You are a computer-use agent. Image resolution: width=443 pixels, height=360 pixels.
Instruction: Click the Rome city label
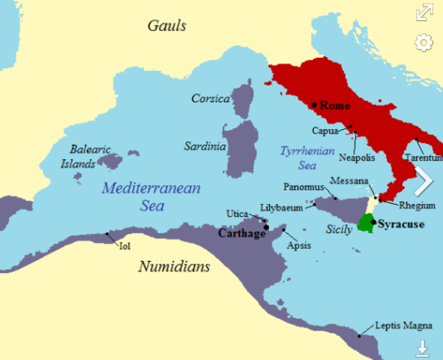[x=335, y=106]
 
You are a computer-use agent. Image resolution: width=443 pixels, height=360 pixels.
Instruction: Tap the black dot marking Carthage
[x=267, y=226]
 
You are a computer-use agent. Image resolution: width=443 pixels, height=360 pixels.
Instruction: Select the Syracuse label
[x=401, y=224]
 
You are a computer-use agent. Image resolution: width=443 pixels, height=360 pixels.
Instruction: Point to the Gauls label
[x=166, y=26]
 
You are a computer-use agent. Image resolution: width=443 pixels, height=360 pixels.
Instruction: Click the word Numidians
[x=174, y=266]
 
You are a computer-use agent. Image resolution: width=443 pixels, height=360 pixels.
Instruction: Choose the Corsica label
[x=210, y=98]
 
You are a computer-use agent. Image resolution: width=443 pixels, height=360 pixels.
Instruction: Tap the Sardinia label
[x=205, y=146]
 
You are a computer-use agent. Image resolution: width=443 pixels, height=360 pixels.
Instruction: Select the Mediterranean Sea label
[x=151, y=196]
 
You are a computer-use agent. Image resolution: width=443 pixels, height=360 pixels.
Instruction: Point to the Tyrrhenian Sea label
[x=298, y=157]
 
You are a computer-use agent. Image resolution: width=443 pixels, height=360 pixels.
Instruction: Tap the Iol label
[x=124, y=246]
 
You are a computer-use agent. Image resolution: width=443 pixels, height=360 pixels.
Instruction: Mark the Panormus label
[x=304, y=186]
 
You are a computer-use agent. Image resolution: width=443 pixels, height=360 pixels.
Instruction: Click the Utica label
[x=237, y=214]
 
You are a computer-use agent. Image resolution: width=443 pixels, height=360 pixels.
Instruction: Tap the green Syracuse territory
[x=367, y=223]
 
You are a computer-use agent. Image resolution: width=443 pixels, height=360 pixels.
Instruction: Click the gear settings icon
[x=424, y=43]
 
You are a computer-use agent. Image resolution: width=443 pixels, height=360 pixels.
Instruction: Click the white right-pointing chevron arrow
[x=423, y=181]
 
